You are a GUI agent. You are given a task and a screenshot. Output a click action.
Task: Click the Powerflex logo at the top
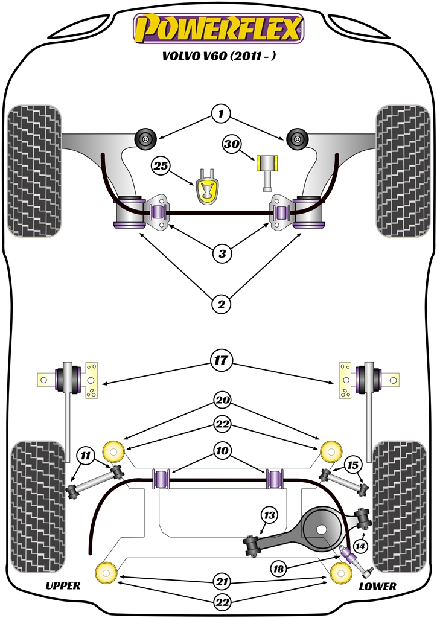(218, 28)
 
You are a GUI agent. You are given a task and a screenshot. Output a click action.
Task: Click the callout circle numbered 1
(222, 113)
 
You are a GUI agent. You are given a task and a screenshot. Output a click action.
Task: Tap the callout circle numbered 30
(231, 144)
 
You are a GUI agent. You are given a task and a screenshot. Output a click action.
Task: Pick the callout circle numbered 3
(222, 254)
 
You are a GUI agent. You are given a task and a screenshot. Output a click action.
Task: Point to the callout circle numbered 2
(222, 305)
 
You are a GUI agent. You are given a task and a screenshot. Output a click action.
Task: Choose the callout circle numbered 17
(222, 361)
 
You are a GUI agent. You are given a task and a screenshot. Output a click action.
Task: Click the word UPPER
(63, 585)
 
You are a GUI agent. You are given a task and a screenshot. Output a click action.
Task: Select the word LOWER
(377, 586)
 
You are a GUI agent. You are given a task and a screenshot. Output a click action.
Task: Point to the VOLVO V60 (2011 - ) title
(218, 56)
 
